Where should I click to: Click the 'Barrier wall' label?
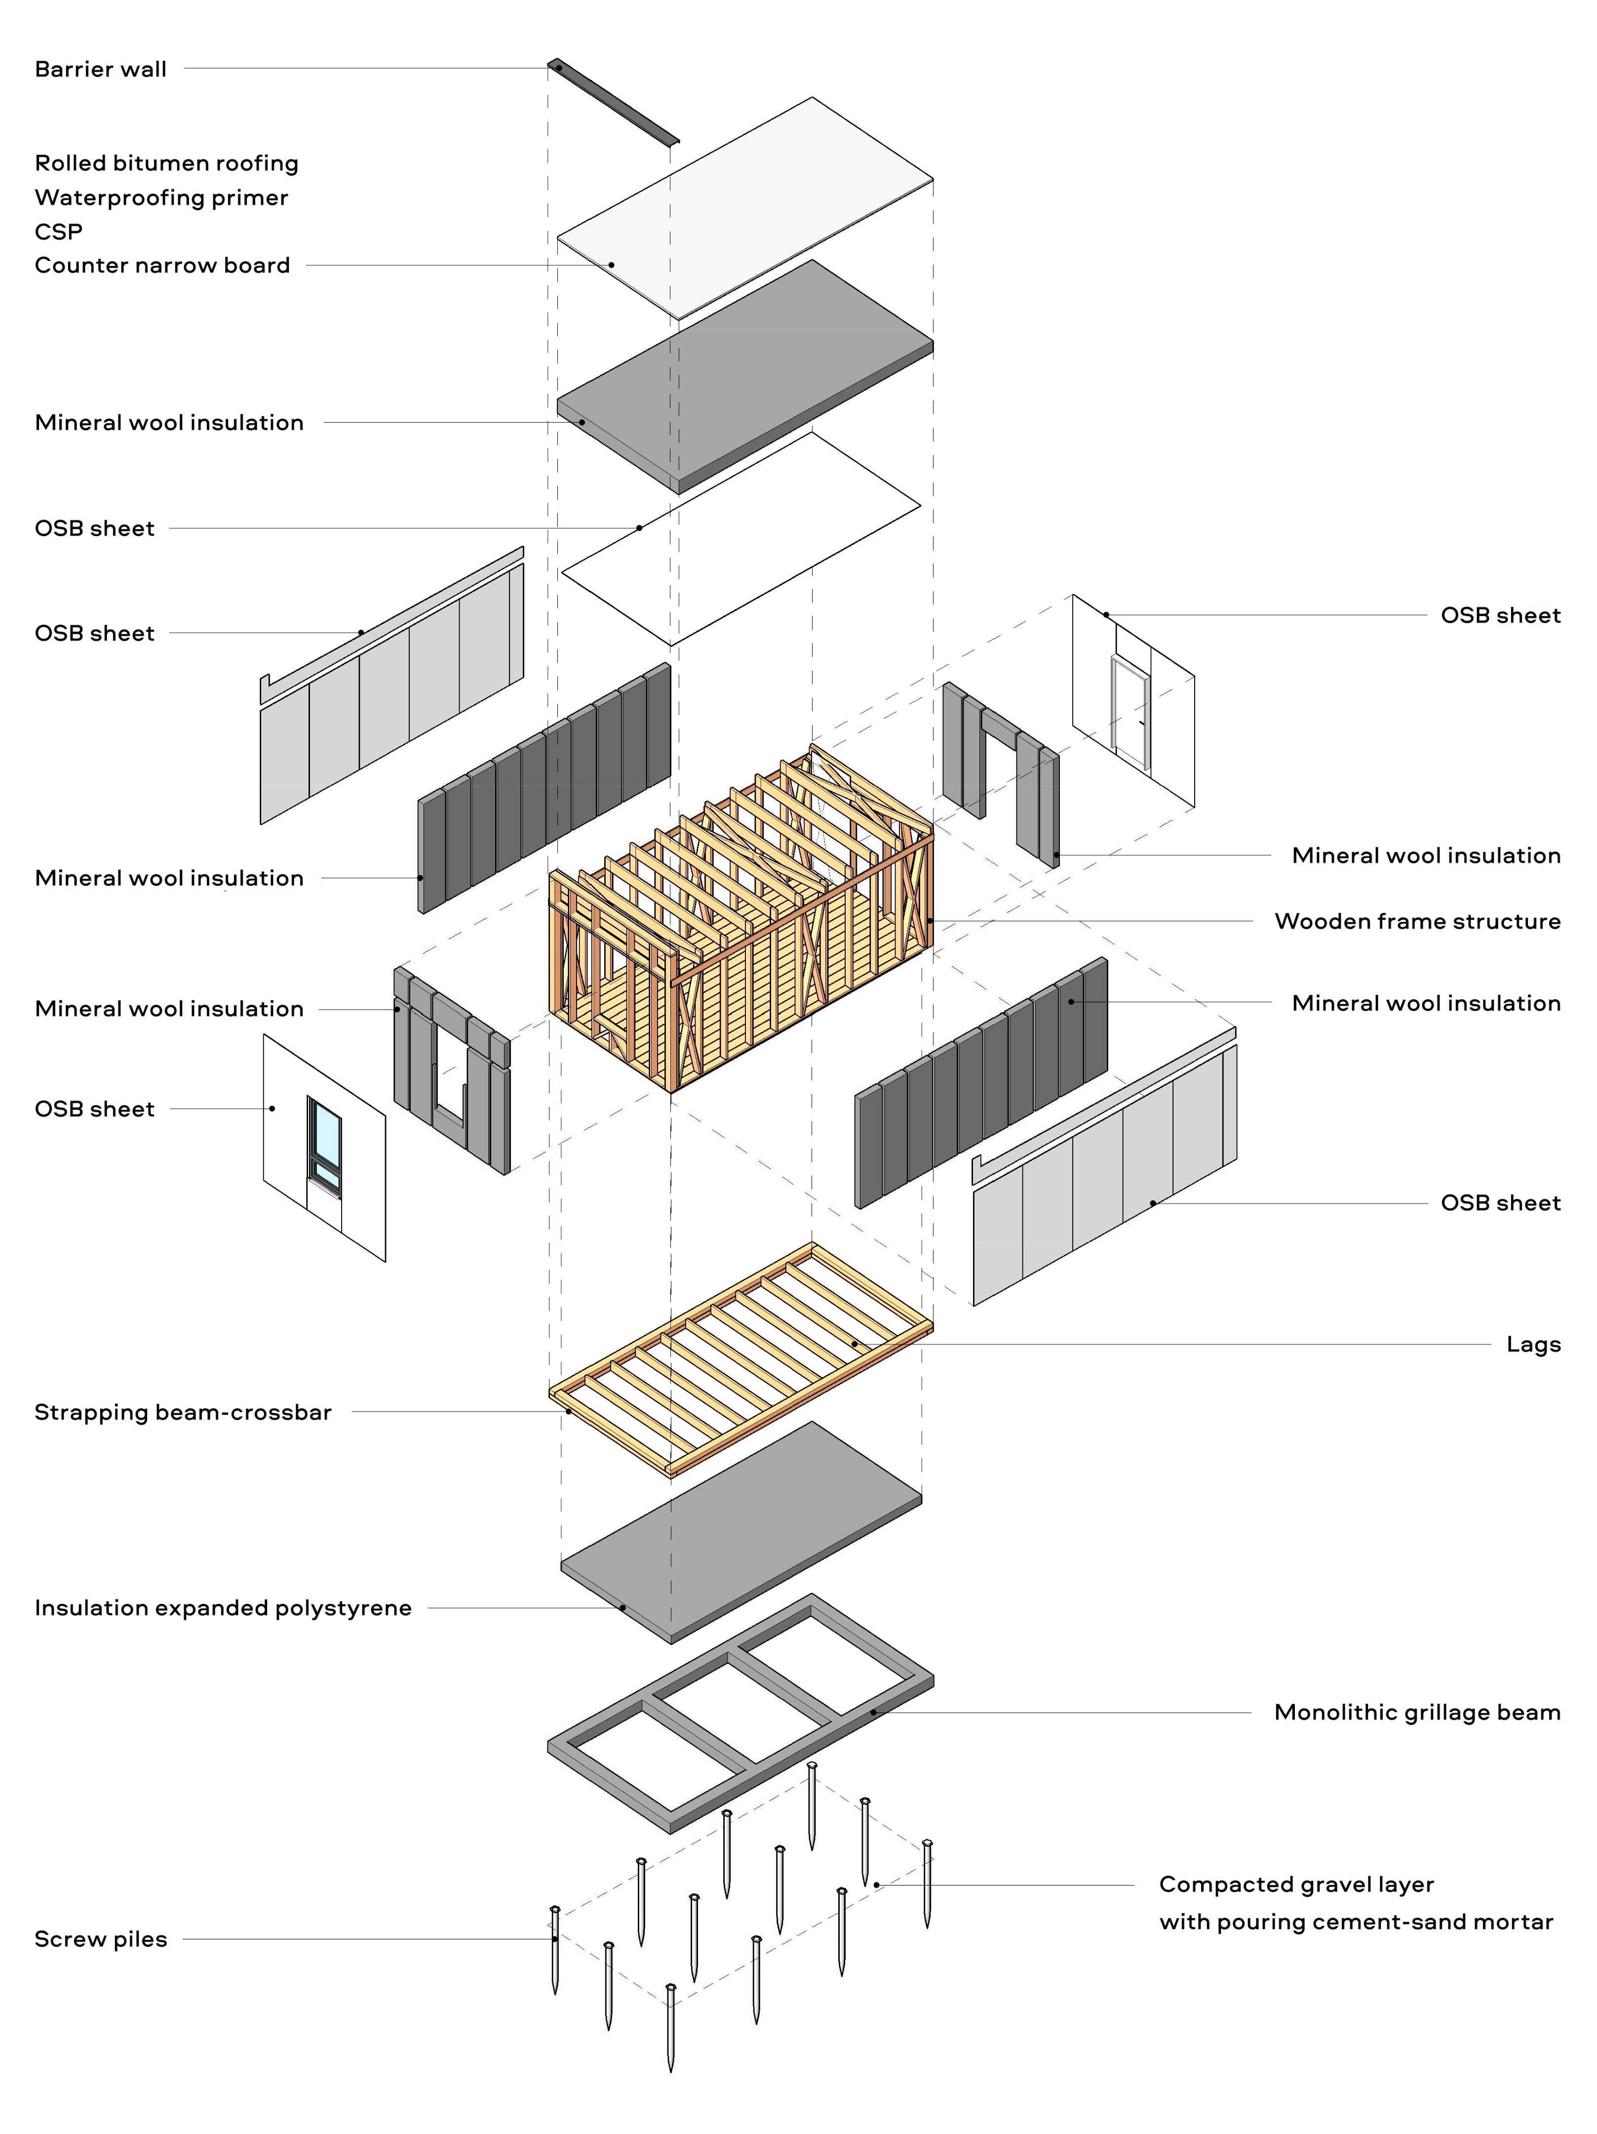[x=100, y=70]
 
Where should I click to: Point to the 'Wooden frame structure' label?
[x=1417, y=921]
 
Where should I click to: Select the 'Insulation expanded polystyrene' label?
[x=223, y=1608]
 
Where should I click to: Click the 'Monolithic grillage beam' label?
[x=1417, y=1713]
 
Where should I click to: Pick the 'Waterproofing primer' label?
[x=161, y=198]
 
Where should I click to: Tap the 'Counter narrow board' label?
[x=162, y=265]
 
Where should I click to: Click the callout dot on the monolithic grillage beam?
[x=874, y=1713]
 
